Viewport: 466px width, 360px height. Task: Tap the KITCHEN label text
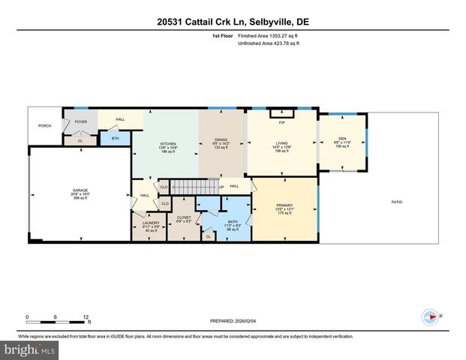(x=167, y=144)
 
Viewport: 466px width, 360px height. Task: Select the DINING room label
(x=221, y=139)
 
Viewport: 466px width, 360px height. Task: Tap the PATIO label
(x=396, y=202)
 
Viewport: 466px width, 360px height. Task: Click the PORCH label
(x=45, y=125)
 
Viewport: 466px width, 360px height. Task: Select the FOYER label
(x=80, y=121)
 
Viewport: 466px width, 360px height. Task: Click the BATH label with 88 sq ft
(x=232, y=222)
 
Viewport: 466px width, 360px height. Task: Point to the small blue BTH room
(x=115, y=138)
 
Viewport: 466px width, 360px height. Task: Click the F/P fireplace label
(x=281, y=122)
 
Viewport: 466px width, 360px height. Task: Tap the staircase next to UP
(x=194, y=186)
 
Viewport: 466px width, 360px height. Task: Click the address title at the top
(x=233, y=22)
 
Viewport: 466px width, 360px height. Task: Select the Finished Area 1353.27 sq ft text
(x=268, y=35)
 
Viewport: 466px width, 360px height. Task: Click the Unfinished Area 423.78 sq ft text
(x=268, y=43)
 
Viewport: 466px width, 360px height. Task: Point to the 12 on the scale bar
(x=86, y=317)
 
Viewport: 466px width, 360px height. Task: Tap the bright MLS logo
(x=30, y=349)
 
